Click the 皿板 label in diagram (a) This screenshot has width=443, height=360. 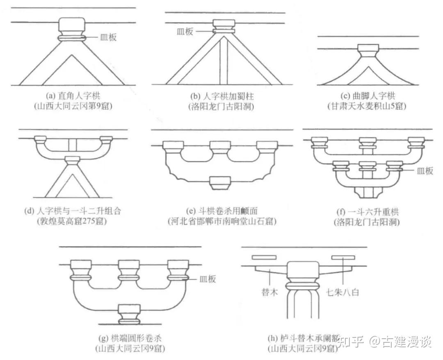tap(109, 37)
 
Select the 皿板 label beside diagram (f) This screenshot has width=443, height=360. tap(425, 171)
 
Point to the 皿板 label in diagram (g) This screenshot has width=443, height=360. tap(207, 279)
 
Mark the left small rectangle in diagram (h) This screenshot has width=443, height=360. tap(264, 258)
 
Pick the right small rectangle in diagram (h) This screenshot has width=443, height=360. tap(343, 258)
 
